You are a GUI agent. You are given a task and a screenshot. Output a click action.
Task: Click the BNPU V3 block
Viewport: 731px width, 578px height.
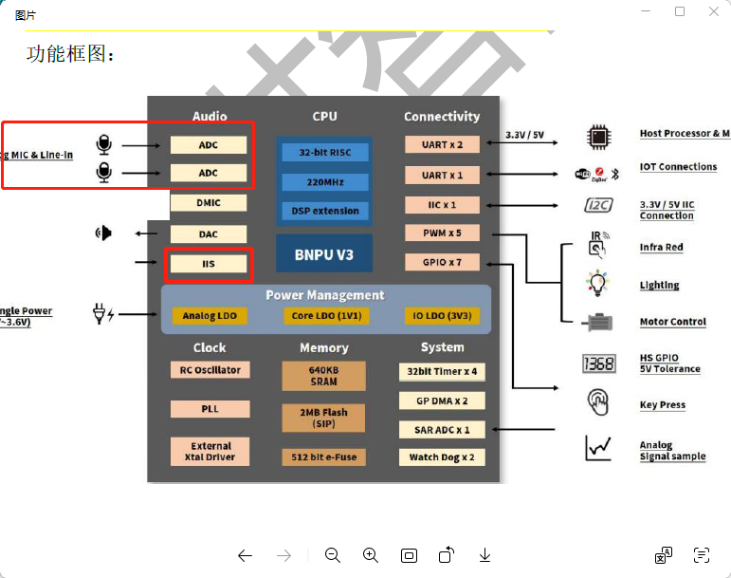coord(324,253)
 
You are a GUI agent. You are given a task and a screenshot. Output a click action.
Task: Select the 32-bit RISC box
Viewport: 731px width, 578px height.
coord(324,152)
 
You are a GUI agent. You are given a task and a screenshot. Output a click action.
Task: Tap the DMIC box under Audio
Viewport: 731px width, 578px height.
coord(209,202)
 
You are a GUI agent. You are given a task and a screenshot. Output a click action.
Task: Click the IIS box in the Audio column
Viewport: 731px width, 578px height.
coord(209,264)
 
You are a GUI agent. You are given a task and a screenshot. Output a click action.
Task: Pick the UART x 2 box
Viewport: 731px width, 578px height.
coord(442,144)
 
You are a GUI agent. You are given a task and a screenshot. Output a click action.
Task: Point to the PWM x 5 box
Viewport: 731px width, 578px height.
coord(442,233)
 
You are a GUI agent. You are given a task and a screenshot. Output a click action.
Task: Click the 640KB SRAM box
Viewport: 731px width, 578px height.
coord(323,376)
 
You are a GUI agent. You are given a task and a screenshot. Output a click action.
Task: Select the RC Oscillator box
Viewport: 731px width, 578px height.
coord(210,370)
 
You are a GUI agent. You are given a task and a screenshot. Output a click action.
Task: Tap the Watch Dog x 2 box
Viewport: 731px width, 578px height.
coord(442,457)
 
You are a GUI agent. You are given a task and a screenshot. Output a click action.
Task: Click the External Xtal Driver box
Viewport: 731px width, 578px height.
coord(210,451)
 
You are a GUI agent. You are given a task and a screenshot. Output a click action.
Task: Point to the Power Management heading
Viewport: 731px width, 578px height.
coord(324,295)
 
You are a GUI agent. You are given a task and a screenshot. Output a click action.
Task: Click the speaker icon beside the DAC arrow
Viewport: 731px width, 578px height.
coord(104,233)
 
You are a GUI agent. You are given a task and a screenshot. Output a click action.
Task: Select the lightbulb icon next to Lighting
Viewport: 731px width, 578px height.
coord(596,284)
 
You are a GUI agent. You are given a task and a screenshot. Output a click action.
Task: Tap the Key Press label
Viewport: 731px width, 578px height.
coord(662,405)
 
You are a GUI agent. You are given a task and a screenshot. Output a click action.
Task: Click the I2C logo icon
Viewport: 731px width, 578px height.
coord(597,205)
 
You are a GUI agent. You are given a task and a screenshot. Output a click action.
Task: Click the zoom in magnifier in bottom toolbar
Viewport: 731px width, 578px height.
coord(371,555)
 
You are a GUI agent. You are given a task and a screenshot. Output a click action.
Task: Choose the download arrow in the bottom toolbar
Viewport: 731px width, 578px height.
coord(484,555)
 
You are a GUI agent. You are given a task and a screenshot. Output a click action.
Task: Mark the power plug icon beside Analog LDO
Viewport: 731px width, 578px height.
coord(102,313)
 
